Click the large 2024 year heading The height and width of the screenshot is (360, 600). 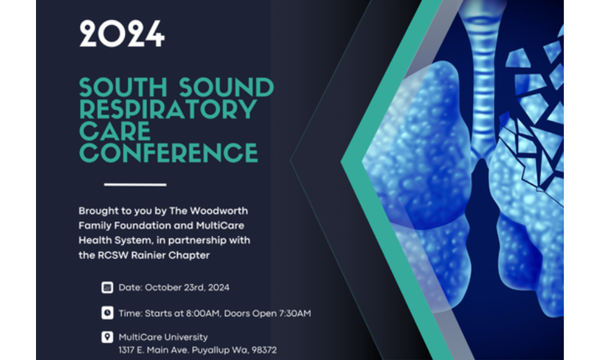pyautogui.click(x=122, y=34)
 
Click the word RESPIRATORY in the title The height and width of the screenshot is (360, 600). pyautogui.click(x=169, y=110)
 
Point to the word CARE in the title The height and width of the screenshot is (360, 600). pyautogui.click(x=115, y=131)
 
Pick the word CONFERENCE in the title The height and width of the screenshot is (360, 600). pyautogui.click(x=169, y=152)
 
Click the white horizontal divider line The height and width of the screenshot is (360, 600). pyautogui.click(x=135, y=184)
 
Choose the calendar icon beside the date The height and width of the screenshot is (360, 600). pyautogui.click(x=107, y=287)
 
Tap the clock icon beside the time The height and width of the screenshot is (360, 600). pyautogui.click(x=107, y=313)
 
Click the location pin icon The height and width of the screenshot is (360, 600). pyautogui.click(x=107, y=337)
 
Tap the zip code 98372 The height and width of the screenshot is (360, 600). pyautogui.click(x=262, y=350)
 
